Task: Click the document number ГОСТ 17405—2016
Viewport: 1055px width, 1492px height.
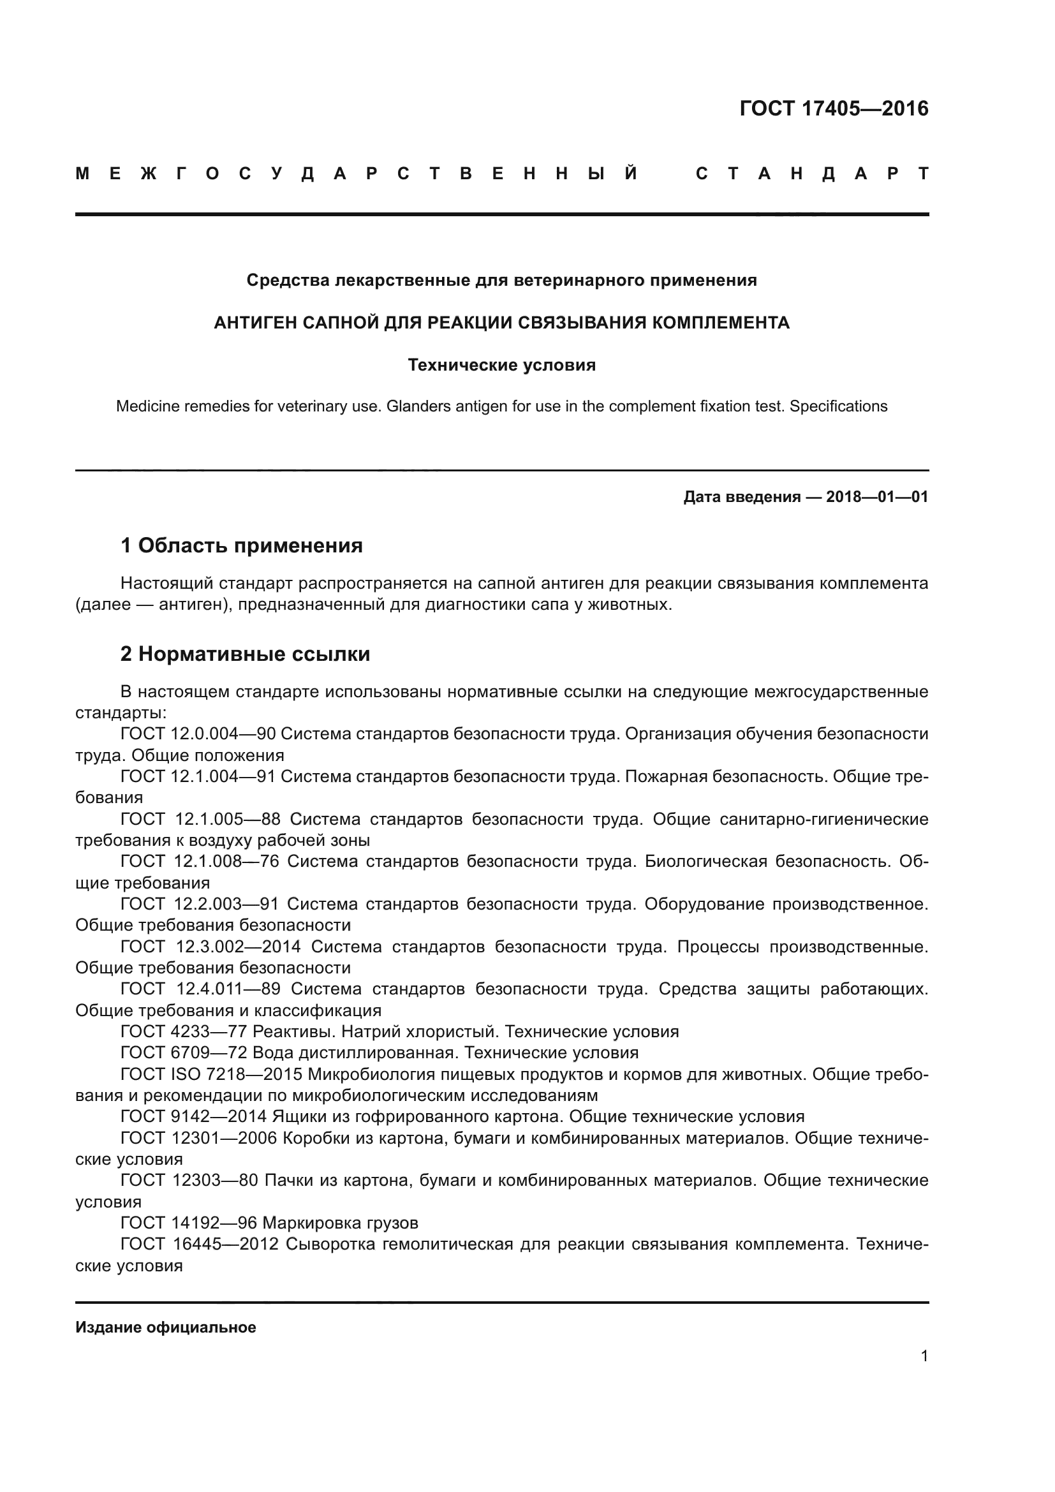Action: pos(834,108)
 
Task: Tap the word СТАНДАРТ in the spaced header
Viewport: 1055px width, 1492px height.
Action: pos(812,174)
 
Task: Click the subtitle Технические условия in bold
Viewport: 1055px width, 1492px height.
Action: pos(501,366)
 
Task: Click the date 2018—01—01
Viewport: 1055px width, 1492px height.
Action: pos(877,498)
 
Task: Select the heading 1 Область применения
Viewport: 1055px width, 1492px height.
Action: pos(241,546)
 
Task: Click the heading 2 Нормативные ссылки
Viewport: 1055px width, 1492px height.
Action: pos(245,654)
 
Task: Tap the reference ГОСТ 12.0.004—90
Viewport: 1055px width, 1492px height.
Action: pos(198,734)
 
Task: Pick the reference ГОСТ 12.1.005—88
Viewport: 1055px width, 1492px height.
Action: pos(200,820)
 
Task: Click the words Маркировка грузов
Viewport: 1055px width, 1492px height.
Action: pos(341,1223)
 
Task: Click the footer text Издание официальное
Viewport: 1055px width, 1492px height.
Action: pos(166,1327)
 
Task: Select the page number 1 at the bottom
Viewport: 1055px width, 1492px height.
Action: pos(924,1356)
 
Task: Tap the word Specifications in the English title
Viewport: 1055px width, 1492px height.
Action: pos(838,407)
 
